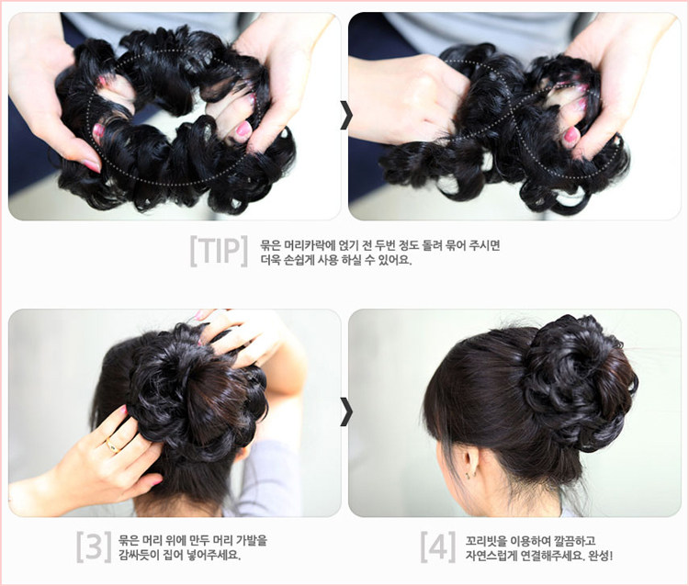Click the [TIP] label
click(x=218, y=250)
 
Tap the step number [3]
click(x=94, y=546)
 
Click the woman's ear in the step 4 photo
click(x=469, y=462)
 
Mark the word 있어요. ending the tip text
click(x=394, y=260)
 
